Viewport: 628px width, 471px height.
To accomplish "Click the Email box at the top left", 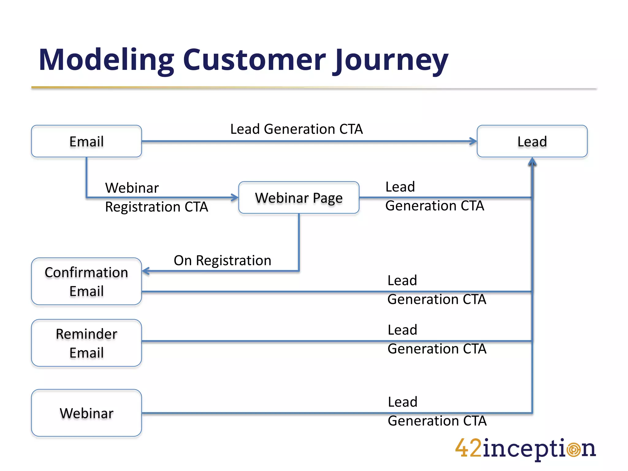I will [x=86, y=141].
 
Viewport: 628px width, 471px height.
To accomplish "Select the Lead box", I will [x=532, y=141].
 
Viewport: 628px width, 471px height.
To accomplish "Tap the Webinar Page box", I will [x=299, y=198].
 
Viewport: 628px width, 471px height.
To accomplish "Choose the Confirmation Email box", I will [x=86, y=281].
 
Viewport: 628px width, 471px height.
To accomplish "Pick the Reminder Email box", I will [x=86, y=343].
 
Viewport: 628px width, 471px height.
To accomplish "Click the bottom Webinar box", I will [x=86, y=413].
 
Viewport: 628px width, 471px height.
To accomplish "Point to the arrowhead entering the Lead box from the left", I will [x=473, y=141].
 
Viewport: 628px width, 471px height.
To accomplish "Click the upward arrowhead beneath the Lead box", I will [x=532, y=162].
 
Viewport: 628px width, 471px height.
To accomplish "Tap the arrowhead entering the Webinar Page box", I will [x=235, y=197].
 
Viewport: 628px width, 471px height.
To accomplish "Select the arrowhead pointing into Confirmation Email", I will [x=146, y=271].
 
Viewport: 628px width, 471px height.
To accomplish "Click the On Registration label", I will [x=222, y=260].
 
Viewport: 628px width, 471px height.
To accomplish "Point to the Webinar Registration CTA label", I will [x=156, y=197].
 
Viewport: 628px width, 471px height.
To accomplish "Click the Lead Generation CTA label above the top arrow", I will [x=297, y=129].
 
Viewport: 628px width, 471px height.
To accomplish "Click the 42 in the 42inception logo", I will [x=468, y=448].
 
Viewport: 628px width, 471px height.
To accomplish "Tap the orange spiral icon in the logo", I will [x=573, y=450].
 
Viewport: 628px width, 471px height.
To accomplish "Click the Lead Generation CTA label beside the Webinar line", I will [x=437, y=411].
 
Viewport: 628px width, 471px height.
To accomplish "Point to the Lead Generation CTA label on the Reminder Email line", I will [x=437, y=339].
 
